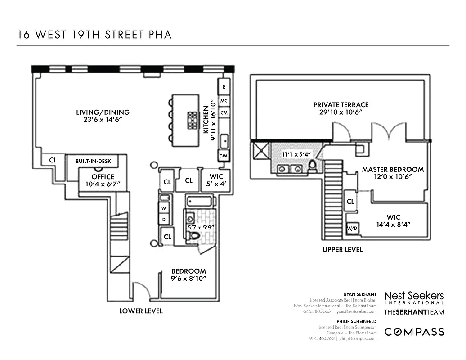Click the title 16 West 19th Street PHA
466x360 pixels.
94,35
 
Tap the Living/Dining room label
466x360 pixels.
103,116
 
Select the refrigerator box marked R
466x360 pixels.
224,87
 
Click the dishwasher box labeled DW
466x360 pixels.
223,156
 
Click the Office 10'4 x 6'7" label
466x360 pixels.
103,180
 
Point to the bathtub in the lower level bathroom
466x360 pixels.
201,201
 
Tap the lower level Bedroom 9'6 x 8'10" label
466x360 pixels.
188,274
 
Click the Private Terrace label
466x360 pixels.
341,108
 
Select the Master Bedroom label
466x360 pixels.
393,173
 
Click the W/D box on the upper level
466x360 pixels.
351,229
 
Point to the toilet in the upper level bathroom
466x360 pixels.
312,168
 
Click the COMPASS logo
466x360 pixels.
414,332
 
